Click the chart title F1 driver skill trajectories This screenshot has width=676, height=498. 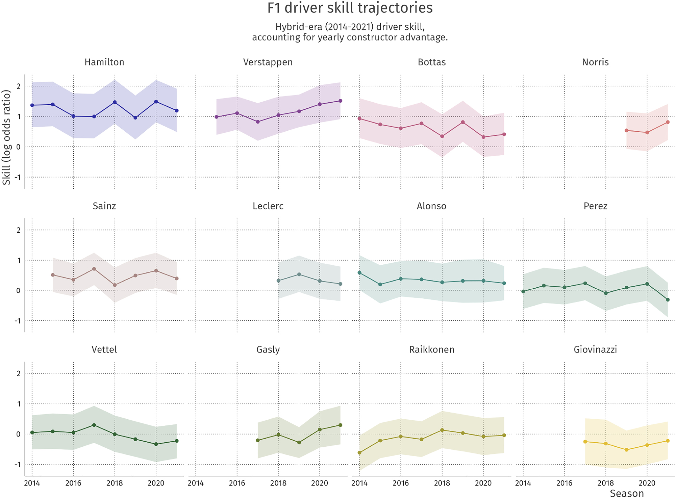350,8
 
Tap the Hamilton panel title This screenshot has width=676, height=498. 104,62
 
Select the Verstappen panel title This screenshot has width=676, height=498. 268,62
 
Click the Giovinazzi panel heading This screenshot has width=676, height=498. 595,349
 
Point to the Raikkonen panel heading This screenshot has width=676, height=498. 431,349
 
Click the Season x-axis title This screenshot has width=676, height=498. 626,493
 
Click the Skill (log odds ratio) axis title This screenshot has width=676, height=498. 6,137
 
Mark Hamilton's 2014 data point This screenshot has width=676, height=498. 32,105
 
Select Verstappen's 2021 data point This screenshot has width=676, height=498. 340,101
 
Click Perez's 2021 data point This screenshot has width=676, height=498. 668,300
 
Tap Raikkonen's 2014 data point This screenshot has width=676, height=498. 359,453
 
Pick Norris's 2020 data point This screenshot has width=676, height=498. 647,133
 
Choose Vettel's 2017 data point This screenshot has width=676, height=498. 94,425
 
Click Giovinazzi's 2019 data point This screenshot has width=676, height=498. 626,450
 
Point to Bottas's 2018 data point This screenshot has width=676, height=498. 442,136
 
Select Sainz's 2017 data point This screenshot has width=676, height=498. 94,269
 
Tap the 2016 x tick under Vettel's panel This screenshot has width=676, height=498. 73,483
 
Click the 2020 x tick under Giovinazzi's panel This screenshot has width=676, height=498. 647,483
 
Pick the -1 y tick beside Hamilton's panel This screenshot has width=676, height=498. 18,177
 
